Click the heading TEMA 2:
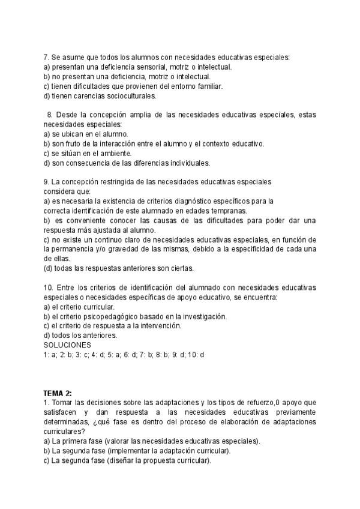click(58, 393)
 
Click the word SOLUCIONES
click(67, 345)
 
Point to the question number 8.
click(50, 115)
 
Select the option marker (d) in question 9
click(47, 268)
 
